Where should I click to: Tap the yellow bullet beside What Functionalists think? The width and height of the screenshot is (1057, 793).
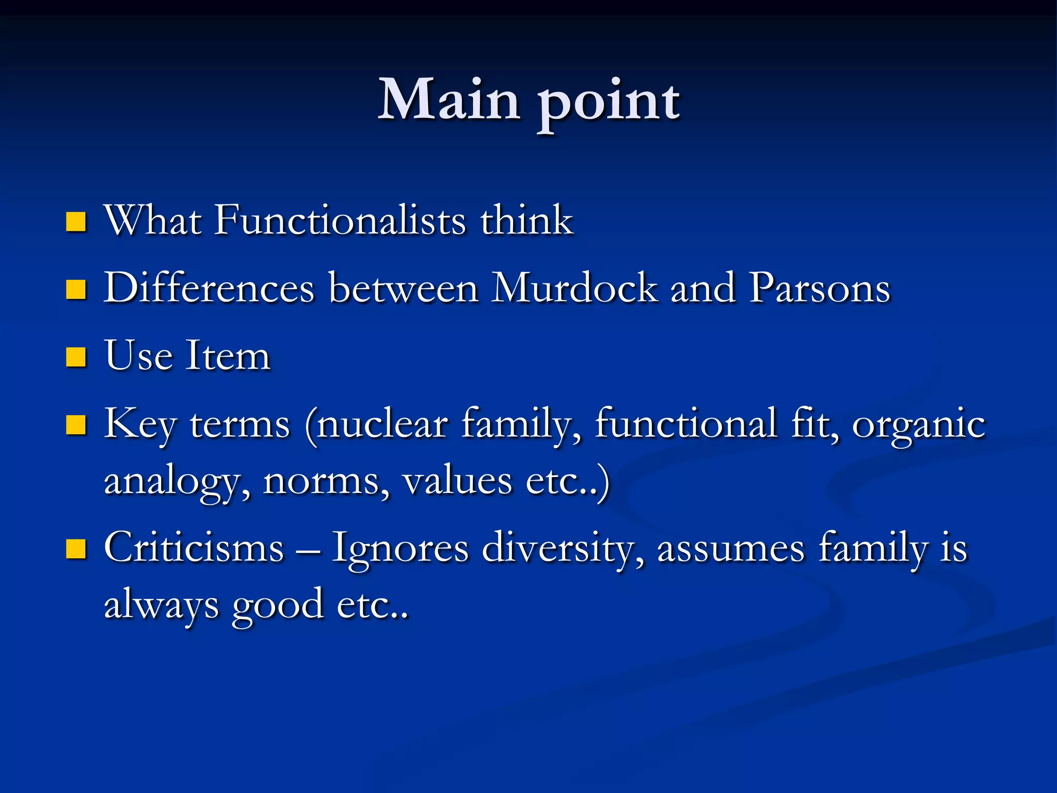[76, 222]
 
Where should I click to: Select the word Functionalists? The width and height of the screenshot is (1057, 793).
[341, 220]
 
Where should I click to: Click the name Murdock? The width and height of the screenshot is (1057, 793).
[574, 288]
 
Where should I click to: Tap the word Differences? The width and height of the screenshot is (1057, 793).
[209, 288]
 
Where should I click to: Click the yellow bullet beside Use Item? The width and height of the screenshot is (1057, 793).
[76, 357]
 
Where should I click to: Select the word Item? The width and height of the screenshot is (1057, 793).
[228, 356]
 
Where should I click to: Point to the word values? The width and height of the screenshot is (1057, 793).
[457, 481]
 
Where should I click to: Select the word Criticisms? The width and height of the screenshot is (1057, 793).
[194, 548]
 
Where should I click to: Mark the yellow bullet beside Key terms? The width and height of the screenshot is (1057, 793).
[76, 425]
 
